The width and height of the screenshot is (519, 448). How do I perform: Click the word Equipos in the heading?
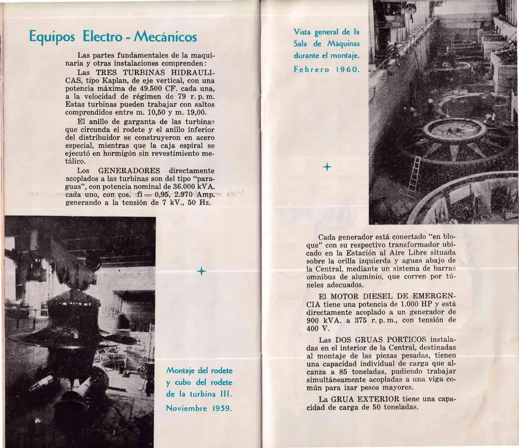click(x=53, y=37)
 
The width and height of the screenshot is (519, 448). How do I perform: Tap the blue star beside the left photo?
click(x=201, y=272)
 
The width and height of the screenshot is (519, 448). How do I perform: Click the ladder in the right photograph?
click(x=413, y=177)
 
